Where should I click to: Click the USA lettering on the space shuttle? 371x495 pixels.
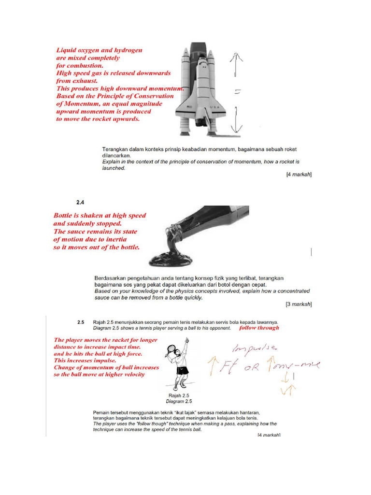click(214, 107)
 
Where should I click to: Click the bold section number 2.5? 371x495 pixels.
click(81, 322)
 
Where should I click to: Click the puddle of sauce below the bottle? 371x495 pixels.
click(170, 260)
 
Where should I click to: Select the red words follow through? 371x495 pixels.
click(259, 327)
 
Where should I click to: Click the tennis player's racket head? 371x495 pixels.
click(171, 349)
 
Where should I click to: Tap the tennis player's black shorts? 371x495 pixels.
click(182, 371)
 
